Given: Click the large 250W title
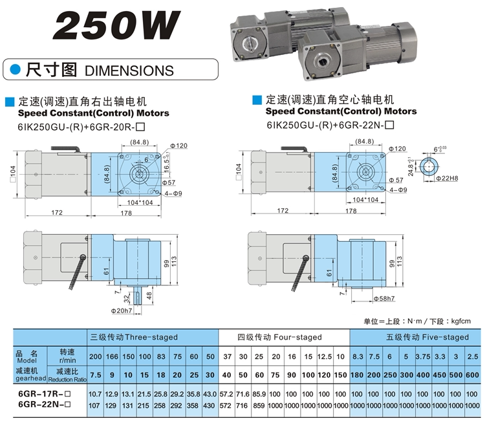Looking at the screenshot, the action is pos(116,25).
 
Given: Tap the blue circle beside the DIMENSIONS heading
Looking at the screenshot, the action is pos(16,70).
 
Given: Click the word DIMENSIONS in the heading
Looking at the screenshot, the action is pos(129,71).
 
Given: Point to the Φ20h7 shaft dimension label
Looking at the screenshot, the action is pos(122,311).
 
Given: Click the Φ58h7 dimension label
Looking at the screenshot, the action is pos(384,298).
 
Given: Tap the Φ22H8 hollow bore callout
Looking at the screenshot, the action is pos(447,178).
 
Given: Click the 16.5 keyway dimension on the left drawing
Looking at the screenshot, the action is pos(166,162).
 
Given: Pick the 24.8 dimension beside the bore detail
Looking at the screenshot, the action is pos(411,166).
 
